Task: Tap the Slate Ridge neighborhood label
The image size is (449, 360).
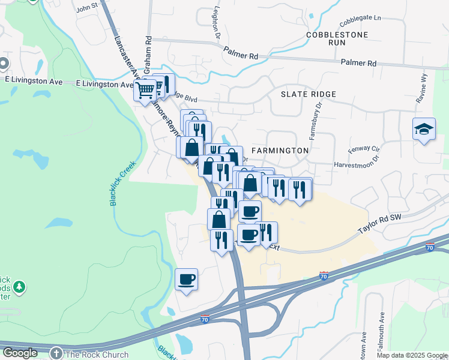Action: pyautogui.click(x=309, y=94)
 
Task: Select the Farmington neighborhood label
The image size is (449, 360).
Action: pyautogui.click(x=280, y=150)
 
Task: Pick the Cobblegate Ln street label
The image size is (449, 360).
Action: pyautogui.click(x=360, y=21)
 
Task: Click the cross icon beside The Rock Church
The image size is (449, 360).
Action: pyautogui.click(x=56, y=354)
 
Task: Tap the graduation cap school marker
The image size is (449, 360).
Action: pyautogui.click(x=424, y=129)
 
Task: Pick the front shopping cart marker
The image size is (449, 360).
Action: pyautogui.click(x=145, y=91)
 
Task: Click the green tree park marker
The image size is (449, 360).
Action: pyautogui.click(x=19, y=287)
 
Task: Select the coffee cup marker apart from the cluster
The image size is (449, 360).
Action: pyautogui.click(x=187, y=279)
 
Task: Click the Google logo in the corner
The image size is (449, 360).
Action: pyautogui.click(x=20, y=353)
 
